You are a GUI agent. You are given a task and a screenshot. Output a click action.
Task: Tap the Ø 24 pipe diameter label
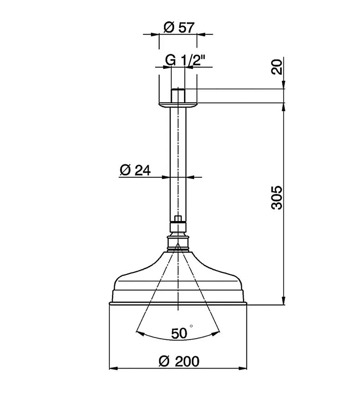click(x=135, y=170)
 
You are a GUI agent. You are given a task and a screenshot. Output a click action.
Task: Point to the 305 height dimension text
click(x=277, y=197)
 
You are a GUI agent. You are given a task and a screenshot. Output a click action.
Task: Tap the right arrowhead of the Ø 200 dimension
click(x=244, y=368)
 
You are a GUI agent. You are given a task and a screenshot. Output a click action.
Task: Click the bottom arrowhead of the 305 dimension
click(x=284, y=301)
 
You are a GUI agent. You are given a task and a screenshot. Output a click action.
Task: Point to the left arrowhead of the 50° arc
click(x=139, y=332)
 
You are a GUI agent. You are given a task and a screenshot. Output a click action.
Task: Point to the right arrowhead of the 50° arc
click(x=217, y=332)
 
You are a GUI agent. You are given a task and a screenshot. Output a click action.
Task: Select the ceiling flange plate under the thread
click(x=178, y=105)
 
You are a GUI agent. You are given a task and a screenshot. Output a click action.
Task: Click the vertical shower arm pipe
click(x=178, y=161)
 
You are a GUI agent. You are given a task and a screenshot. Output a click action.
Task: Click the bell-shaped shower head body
click(x=178, y=281)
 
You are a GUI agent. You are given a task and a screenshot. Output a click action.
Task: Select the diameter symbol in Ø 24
click(x=125, y=170)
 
